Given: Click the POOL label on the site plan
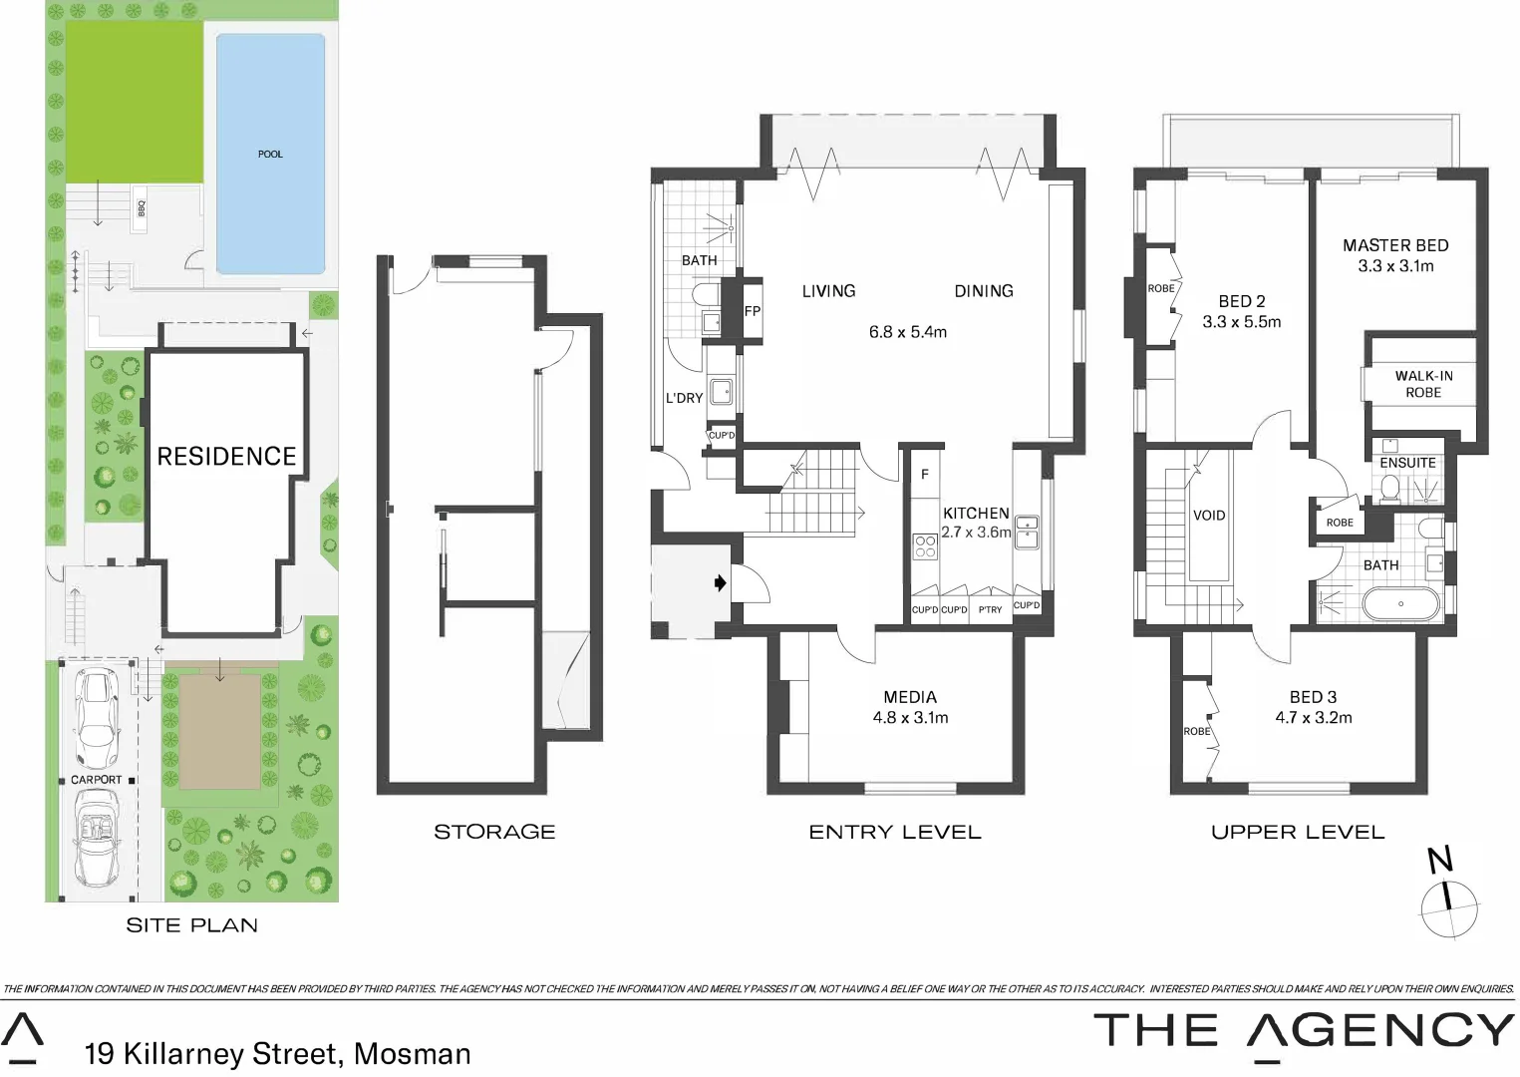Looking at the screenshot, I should (x=270, y=155).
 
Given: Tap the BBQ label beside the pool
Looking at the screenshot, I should (x=141, y=208).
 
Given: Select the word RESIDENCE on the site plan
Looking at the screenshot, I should (x=227, y=457).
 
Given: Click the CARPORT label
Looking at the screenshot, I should (x=96, y=780).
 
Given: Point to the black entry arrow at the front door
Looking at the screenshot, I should (x=721, y=583).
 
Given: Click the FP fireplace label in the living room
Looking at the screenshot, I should (x=753, y=311).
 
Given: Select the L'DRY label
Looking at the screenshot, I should (x=684, y=398).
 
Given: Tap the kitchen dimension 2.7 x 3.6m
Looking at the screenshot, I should (x=976, y=533).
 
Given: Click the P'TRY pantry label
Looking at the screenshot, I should (x=990, y=609).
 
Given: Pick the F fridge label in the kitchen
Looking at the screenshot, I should (x=925, y=475).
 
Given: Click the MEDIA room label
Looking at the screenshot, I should (x=910, y=697).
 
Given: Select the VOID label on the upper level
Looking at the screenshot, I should (x=1209, y=516).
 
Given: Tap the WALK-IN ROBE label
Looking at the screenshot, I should (x=1423, y=384).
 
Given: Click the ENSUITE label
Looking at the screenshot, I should (x=1407, y=463).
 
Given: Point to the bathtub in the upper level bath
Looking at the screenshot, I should (x=1401, y=604).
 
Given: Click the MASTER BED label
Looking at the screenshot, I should (x=1395, y=245).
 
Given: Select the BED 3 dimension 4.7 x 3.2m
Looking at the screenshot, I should (x=1314, y=718).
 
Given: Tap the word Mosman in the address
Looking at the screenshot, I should (x=413, y=1054).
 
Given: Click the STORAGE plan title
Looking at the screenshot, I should (x=494, y=832).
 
